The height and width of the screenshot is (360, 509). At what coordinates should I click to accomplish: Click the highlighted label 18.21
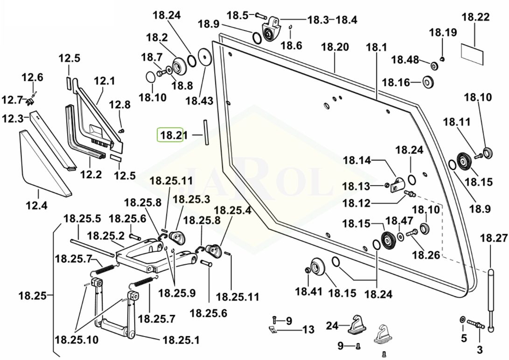[x=170, y=136]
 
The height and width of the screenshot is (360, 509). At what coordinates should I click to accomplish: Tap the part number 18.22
[x=475, y=18]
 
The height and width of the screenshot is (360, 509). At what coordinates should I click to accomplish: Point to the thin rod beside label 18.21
[x=205, y=133]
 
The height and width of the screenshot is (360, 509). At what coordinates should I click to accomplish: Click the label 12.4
[x=37, y=203]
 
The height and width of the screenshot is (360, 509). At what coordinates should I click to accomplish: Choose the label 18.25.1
[x=181, y=340]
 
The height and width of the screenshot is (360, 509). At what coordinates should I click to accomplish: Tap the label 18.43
[x=199, y=100]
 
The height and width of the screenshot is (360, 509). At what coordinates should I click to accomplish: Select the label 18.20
[x=335, y=47]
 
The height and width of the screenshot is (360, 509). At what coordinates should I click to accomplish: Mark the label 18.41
[x=308, y=292]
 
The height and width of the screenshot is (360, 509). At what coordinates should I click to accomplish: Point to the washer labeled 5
[x=462, y=319]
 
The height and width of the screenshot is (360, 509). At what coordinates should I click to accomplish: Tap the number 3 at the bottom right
[x=480, y=350]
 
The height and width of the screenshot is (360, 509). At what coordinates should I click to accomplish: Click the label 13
[x=308, y=330]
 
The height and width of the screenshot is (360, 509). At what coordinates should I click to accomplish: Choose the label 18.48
[x=404, y=60]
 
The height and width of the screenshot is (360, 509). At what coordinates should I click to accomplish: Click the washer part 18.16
[x=427, y=82]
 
